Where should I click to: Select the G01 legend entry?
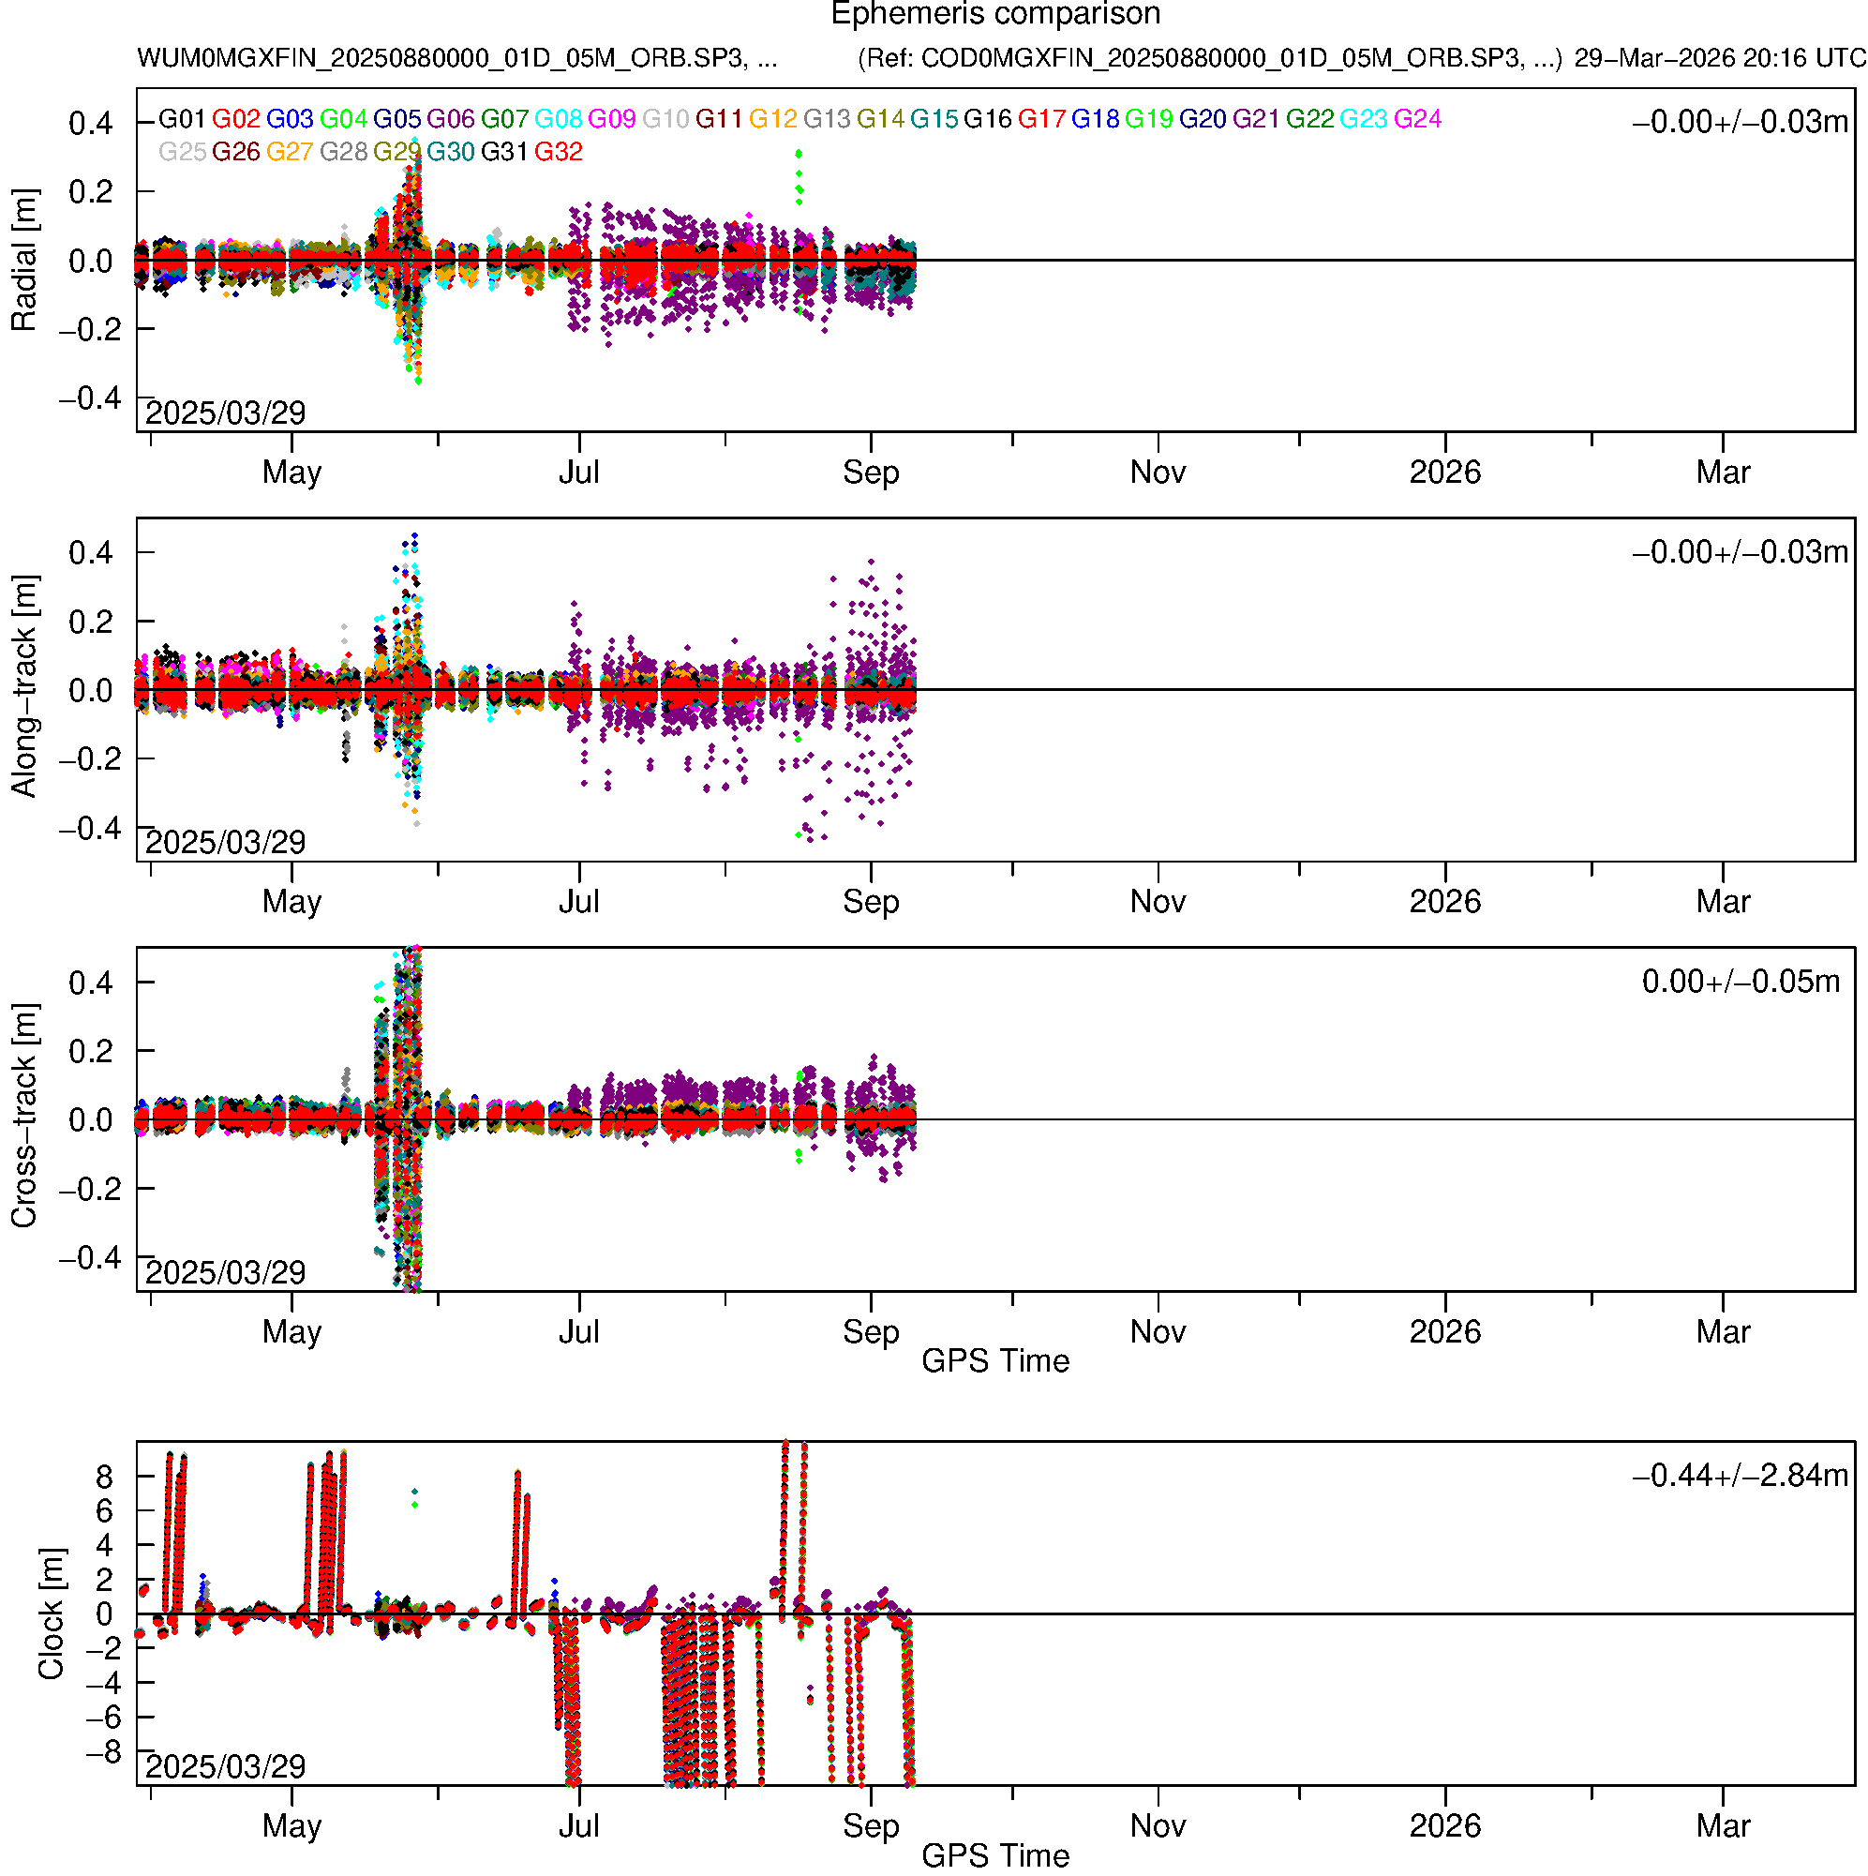182,119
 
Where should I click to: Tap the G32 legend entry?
559,153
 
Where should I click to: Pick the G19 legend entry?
1148,119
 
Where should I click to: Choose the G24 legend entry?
1416,119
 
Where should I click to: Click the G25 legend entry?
182,153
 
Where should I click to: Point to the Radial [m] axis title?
24,261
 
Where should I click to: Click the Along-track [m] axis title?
24,686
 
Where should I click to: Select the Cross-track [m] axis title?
24,1117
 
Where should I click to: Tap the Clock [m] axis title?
51,1613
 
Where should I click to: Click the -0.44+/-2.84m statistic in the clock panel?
1740,1476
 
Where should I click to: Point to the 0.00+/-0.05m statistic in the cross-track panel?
1740,982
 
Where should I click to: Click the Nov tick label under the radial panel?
1158,473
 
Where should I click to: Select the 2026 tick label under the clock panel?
1443,1825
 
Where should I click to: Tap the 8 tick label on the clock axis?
104,1478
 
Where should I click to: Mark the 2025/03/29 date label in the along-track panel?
225,842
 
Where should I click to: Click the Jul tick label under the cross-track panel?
578,1331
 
